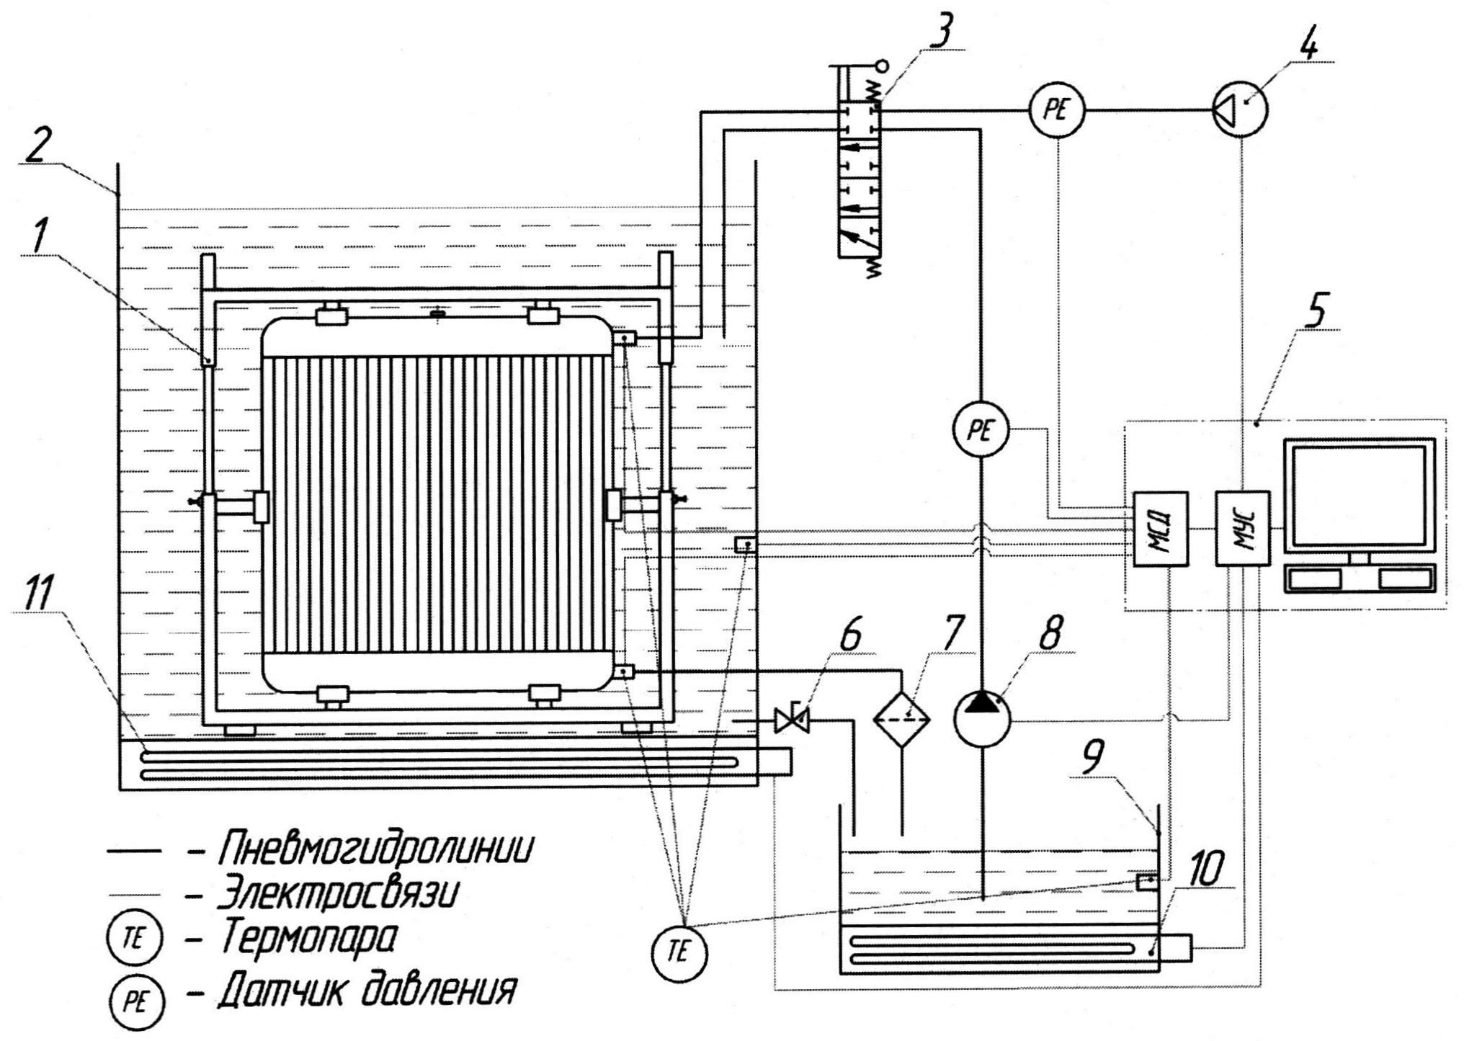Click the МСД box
click(1160, 528)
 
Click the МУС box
click(1242, 528)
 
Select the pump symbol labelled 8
click(982, 718)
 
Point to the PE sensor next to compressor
click(1057, 110)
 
